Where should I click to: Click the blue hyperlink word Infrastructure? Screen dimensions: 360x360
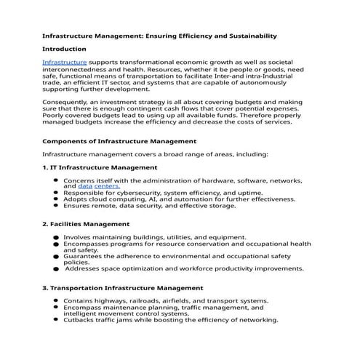point(65,63)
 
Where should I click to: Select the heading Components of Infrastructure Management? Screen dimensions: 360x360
point(119,141)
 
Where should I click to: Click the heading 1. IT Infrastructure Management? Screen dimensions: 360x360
point(100,167)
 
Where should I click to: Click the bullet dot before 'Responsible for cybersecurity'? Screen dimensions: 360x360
point(55,193)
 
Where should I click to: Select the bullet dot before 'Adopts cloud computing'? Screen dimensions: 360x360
point(55,199)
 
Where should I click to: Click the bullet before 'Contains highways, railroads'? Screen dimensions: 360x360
point(55,301)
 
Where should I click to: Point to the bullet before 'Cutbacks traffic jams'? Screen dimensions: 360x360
point(55,320)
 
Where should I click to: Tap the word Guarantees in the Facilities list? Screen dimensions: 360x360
point(82,256)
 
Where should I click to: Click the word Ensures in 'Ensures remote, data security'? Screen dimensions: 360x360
point(76,206)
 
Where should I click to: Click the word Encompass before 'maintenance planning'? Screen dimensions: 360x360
point(84,308)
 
